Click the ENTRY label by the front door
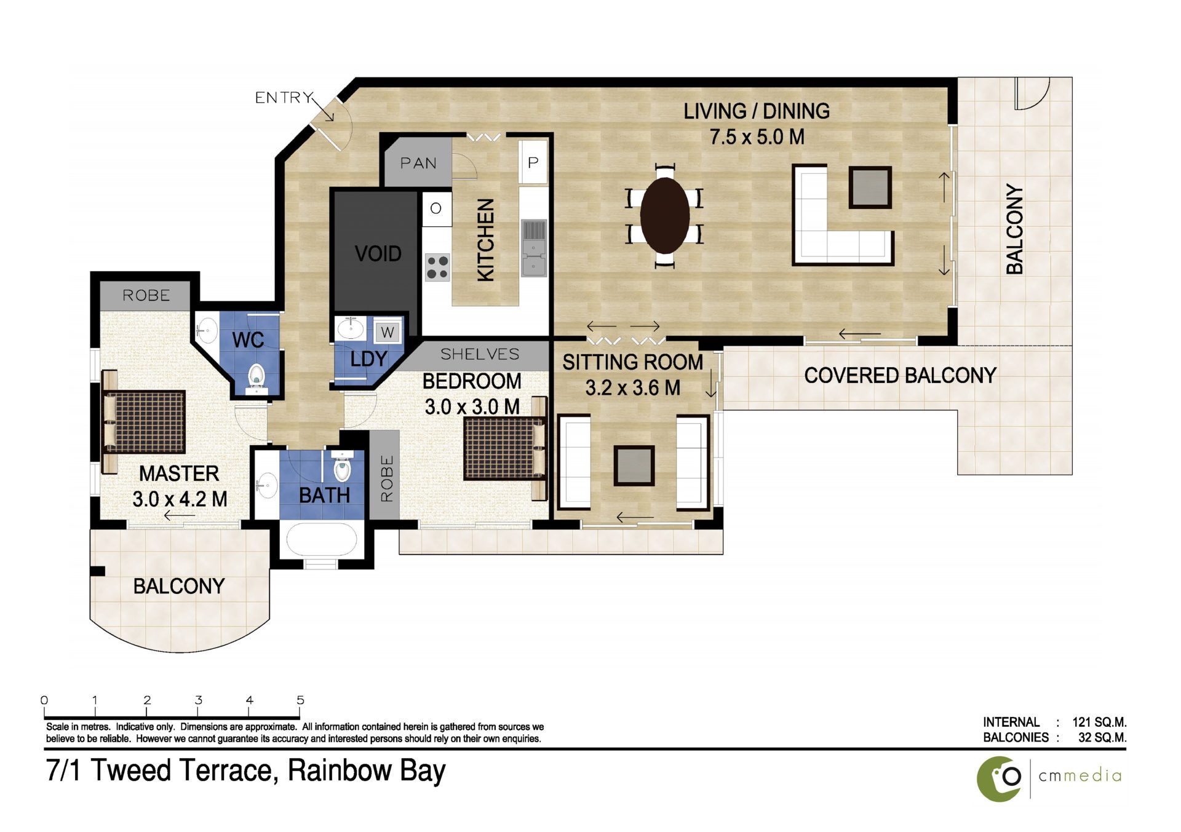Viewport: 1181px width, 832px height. pyautogui.click(x=284, y=97)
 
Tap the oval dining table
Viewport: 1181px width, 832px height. pyautogui.click(x=664, y=215)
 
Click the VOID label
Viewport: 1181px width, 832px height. pyautogui.click(x=378, y=253)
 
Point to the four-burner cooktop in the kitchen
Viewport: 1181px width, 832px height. pyautogui.click(x=437, y=267)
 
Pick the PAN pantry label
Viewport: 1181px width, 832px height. pyautogui.click(x=418, y=163)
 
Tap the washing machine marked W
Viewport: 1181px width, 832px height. pyautogui.click(x=388, y=333)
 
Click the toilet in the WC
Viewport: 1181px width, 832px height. pyautogui.click(x=255, y=378)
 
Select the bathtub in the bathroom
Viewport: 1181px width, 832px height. pyautogui.click(x=322, y=540)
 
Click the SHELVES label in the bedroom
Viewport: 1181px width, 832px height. pyautogui.click(x=480, y=354)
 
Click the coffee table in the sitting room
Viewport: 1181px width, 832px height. pyautogui.click(x=634, y=466)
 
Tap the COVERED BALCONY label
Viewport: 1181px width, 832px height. pyautogui.click(x=900, y=375)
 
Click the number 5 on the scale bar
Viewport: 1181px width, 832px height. pyautogui.click(x=300, y=700)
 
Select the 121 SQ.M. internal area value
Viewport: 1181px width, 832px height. pyautogui.click(x=1099, y=722)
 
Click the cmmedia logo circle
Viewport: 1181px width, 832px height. pyautogui.click(x=1000, y=779)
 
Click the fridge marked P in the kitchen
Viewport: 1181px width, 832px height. pyautogui.click(x=533, y=162)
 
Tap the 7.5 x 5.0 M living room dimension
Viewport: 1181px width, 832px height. pyautogui.click(x=757, y=137)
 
